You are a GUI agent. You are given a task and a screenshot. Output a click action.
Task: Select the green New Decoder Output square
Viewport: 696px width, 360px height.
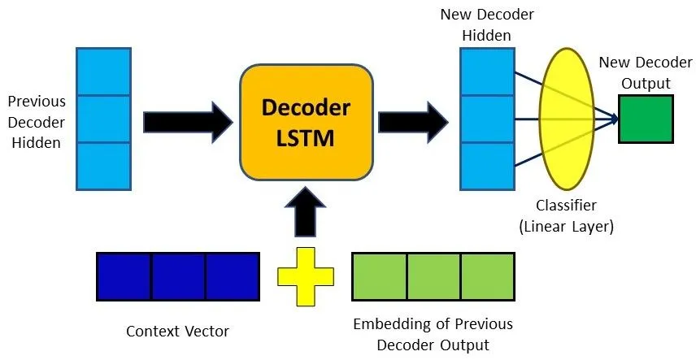click(x=645, y=119)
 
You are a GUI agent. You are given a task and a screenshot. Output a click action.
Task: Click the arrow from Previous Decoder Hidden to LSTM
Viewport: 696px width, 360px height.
click(x=188, y=120)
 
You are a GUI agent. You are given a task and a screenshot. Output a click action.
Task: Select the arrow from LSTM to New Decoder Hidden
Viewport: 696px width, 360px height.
click(x=413, y=120)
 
